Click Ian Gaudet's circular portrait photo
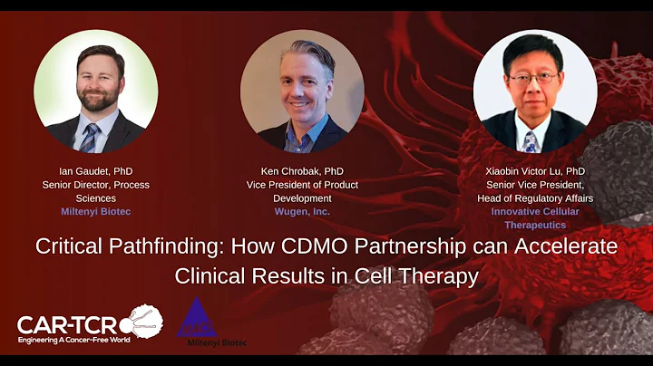96,91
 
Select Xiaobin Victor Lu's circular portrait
535,91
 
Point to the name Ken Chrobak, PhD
302,171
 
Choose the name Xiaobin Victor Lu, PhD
535,171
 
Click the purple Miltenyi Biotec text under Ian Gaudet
95,211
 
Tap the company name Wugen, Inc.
302,211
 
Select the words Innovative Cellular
535,211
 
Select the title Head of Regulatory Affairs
535,197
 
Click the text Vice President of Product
302,185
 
